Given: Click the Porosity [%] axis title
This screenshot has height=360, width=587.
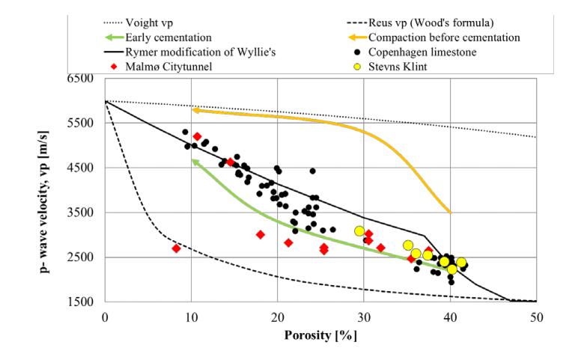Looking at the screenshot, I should coord(320,334).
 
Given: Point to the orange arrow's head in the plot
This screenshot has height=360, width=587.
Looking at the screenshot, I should coord(194,109).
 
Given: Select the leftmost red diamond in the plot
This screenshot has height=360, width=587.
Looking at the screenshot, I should coord(176,248).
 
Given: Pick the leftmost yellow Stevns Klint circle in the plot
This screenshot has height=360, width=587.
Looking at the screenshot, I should coord(359,231).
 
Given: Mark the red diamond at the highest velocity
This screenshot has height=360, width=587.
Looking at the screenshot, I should coord(197,136).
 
